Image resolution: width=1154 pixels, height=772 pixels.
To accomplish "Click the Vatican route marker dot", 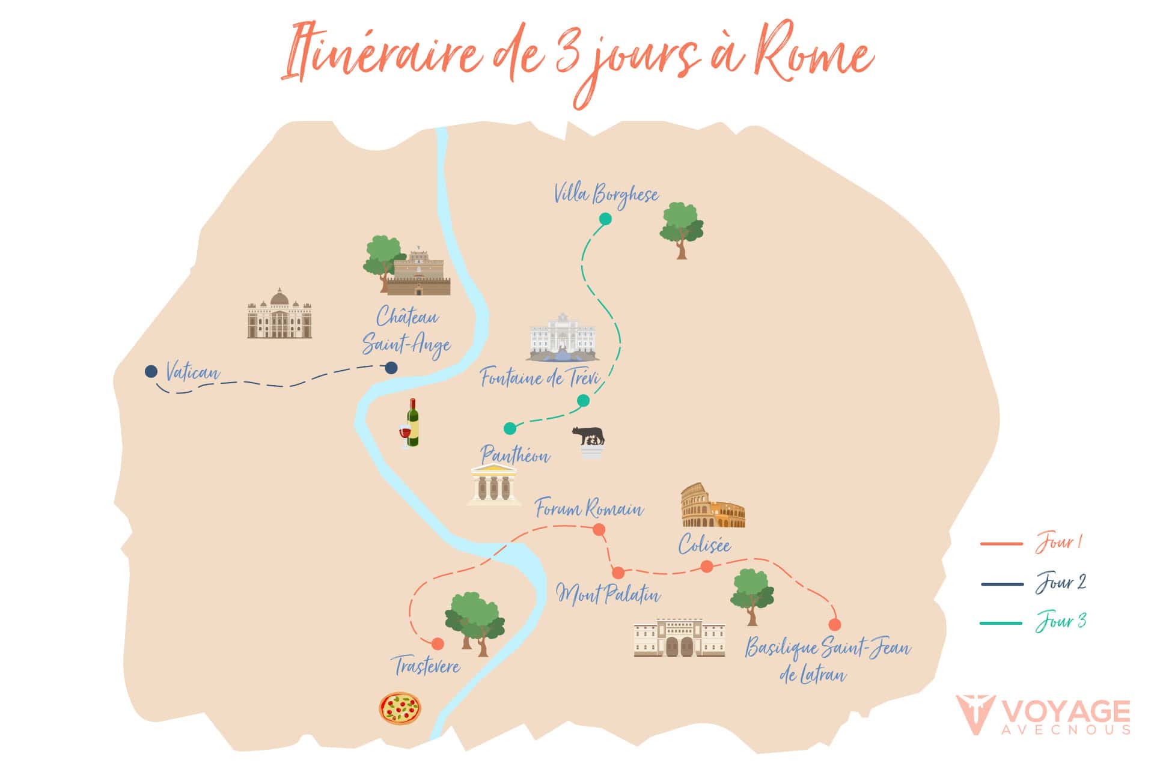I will coord(151,372).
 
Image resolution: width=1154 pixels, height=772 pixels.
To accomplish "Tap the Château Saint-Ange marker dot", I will coord(391,368).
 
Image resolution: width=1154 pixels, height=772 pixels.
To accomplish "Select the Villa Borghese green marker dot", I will coord(605,219).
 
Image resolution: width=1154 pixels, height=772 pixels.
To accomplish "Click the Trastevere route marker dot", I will coord(438,644).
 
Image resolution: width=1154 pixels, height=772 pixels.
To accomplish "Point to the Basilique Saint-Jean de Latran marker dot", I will coord(834,625).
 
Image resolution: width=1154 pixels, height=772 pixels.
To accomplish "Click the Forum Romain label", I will coord(589,509).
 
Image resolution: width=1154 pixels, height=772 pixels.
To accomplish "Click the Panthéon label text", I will coord(514,455).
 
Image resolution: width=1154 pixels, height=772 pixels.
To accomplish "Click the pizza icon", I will coord(400,708).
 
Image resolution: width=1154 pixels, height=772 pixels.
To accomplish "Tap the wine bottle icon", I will coord(411,424).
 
